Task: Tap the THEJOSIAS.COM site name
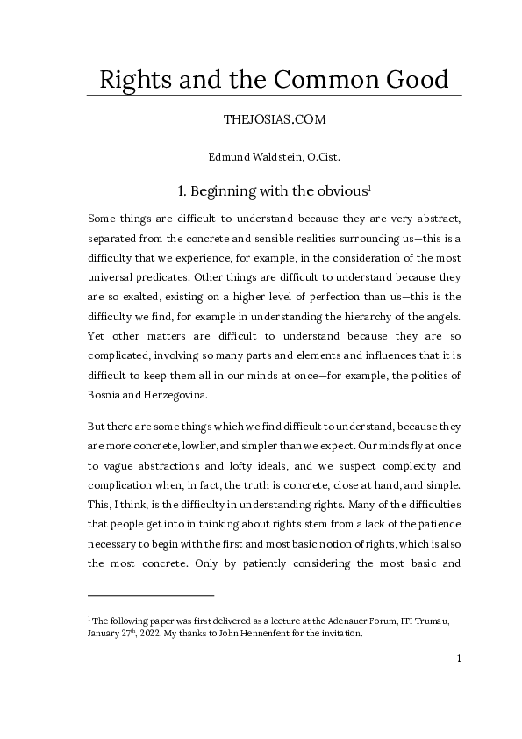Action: [275, 123]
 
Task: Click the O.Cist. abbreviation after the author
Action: [320, 157]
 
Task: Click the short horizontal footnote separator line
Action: [151, 596]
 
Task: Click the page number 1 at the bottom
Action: [458, 658]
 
